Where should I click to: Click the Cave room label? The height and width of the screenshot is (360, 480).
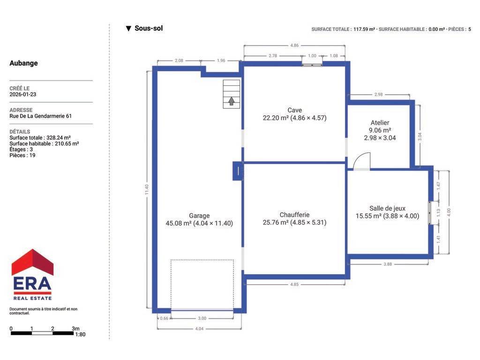click(294, 110)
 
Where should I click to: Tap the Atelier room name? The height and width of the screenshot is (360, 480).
click(380, 123)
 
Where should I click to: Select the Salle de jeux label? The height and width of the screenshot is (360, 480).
click(387, 209)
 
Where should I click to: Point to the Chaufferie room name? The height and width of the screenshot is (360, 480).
click(294, 215)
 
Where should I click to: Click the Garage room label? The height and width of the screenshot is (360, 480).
click(199, 216)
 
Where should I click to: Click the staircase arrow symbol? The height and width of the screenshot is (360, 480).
click(232, 101)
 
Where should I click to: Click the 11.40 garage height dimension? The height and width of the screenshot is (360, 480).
click(147, 189)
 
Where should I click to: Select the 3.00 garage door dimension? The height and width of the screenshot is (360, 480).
click(202, 318)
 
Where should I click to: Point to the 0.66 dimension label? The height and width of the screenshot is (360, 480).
click(164, 318)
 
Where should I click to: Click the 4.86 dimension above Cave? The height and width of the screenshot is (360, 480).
click(294, 45)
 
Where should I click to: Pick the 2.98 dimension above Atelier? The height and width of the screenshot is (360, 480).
click(379, 94)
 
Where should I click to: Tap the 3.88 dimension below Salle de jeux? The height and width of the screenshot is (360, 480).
click(388, 264)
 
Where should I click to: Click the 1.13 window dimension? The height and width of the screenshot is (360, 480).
click(438, 213)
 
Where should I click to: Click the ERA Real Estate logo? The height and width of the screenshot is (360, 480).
click(32, 275)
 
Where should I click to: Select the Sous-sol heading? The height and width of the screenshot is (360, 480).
click(149, 29)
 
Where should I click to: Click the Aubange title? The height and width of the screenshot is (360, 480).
click(23, 63)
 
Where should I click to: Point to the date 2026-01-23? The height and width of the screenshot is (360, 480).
click(22, 94)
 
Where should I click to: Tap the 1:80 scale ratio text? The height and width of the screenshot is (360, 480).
click(80, 335)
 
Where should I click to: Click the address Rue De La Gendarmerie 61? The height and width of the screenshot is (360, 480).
click(40, 116)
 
